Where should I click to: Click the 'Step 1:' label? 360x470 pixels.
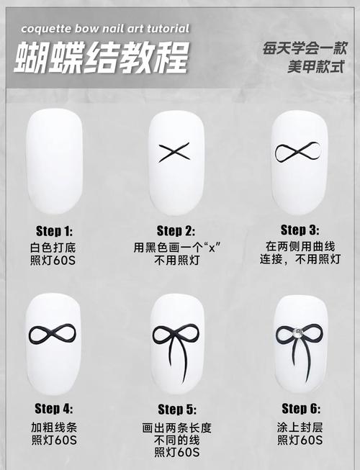55,232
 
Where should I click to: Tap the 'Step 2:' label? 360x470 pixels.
175,232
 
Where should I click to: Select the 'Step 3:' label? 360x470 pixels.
299,230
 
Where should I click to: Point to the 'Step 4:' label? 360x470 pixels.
55,409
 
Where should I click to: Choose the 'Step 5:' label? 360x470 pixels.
176,410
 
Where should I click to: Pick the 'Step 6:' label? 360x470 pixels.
300,409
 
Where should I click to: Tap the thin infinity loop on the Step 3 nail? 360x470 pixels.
299,152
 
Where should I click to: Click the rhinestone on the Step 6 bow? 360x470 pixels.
298,332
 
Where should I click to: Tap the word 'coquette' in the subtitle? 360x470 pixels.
46,29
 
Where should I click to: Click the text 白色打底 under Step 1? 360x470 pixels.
55,247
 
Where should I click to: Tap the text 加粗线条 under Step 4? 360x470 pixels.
55,425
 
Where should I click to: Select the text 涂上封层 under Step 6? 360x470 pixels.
300,425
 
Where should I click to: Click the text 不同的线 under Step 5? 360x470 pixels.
176,440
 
